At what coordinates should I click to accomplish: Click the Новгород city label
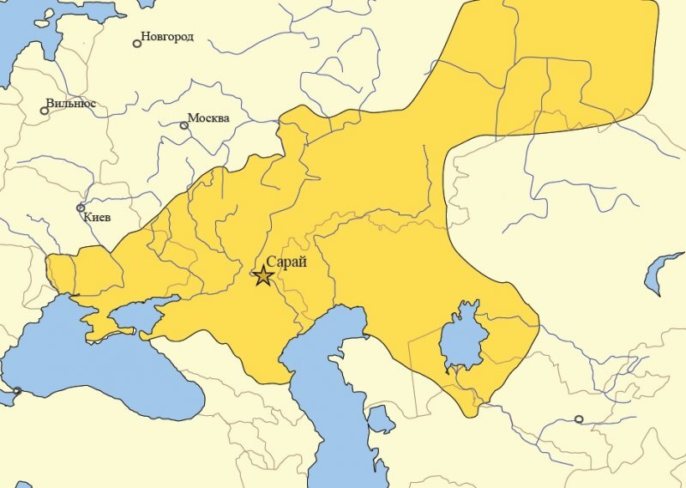coord(168,37)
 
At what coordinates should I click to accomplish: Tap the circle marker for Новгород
coord(137,43)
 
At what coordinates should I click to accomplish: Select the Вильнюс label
coord(71,104)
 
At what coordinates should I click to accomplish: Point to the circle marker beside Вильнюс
coord(45,111)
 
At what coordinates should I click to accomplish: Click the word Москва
coord(208,118)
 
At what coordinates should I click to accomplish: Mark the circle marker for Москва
coord(184,125)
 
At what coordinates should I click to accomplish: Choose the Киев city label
coord(98,217)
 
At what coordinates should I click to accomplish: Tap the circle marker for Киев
coord(81,208)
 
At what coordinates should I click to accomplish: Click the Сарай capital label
coord(286,262)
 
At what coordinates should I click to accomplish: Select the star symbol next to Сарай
coord(262,275)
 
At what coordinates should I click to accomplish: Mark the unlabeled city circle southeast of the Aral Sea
coord(579,419)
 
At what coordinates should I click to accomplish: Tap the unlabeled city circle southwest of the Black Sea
coord(16,391)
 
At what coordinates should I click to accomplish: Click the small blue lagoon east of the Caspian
coord(380,421)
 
